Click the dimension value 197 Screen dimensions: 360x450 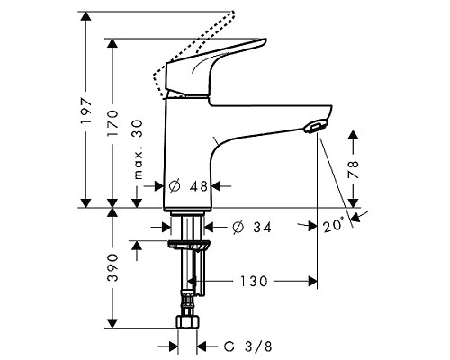tap(86, 112)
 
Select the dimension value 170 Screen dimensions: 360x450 tap(113, 121)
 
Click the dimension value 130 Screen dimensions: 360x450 tap(255, 282)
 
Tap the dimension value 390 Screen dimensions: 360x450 tap(112, 267)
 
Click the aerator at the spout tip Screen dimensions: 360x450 tap(314, 128)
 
